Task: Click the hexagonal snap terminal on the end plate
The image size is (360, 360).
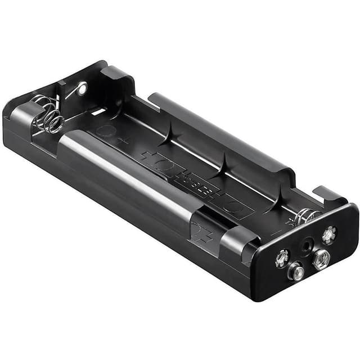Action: [x=321, y=259]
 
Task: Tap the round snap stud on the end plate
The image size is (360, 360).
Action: [x=296, y=273]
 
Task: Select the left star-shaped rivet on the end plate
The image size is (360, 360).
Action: [x=281, y=258]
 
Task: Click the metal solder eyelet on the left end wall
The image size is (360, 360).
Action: [x=82, y=88]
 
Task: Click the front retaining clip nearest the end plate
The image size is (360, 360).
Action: [x=239, y=239]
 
